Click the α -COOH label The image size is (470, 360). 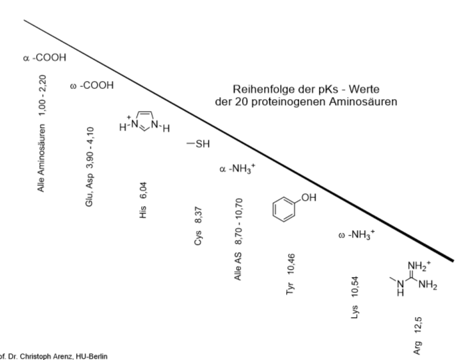click(44, 58)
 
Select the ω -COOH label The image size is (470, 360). click(92, 86)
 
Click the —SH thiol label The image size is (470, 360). click(199, 144)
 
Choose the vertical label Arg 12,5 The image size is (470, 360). click(418, 332)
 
